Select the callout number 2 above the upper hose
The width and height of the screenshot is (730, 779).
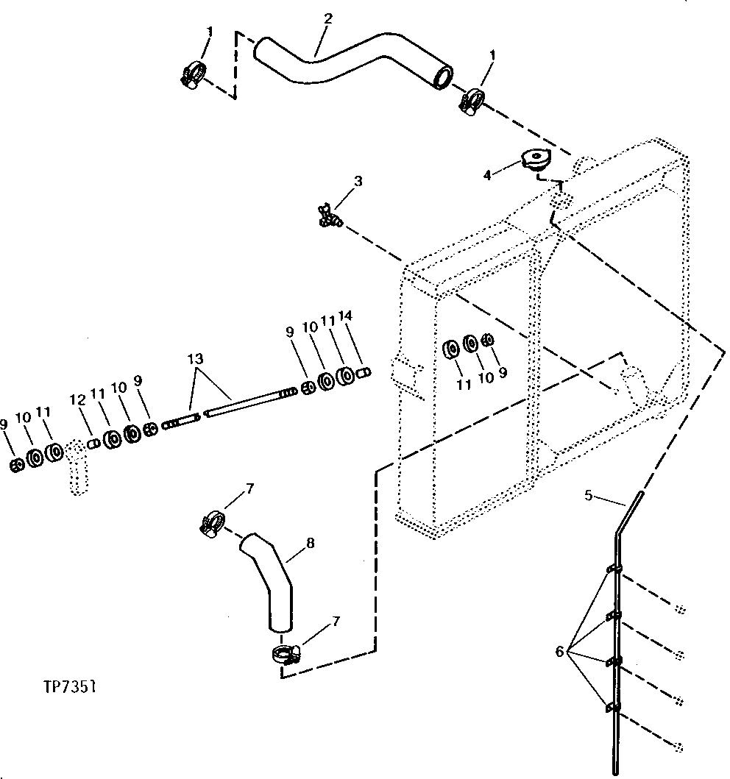pyautogui.click(x=327, y=18)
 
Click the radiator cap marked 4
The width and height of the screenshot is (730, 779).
pyautogui.click(x=535, y=162)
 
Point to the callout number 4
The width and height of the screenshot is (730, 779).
pyautogui.click(x=486, y=175)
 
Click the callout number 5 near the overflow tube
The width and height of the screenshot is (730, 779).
pyautogui.click(x=589, y=495)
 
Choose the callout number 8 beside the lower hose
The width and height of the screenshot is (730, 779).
pyautogui.click(x=310, y=544)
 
